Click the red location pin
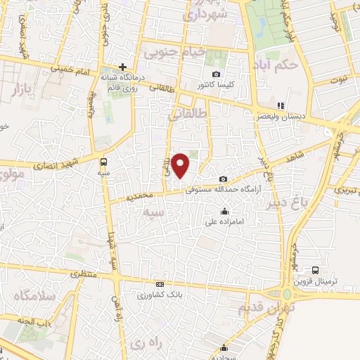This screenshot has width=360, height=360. (181, 165)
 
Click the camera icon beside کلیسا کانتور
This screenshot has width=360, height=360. (216, 75)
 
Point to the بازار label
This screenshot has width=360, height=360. (22, 89)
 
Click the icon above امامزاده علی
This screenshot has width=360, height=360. (224, 211)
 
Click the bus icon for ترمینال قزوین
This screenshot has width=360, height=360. (315, 269)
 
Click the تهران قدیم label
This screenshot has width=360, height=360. (266, 307)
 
